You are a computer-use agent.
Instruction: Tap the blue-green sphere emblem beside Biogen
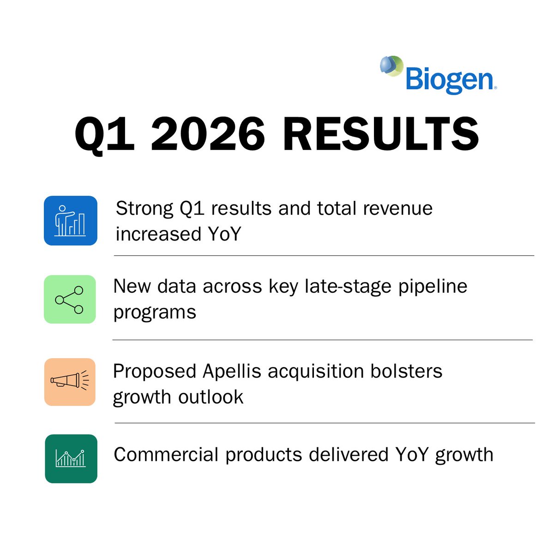click(391, 66)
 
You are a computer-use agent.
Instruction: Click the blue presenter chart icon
click(71, 220)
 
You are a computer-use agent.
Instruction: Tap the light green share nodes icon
click(70, 299)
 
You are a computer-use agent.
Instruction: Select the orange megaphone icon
click(70, 382)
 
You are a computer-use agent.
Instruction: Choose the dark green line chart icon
click(71, 458)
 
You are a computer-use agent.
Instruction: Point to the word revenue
click(397, 209)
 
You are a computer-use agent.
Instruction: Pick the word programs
click(155, 313)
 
